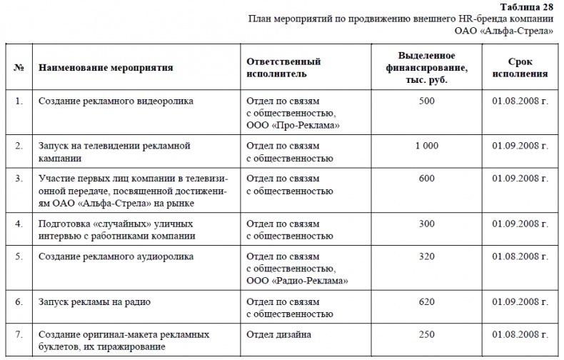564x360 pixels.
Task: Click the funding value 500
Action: (x=426, y=101)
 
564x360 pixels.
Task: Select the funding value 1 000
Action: (x=426, y=146)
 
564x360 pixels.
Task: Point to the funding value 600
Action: (x=426, y=179)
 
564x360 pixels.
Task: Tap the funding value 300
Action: (x=426, y=224)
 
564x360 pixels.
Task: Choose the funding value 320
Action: (x=426, y=256)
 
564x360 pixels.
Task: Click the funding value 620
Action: (x=426, y=302)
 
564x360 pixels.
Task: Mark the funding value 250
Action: (x=426, y=334)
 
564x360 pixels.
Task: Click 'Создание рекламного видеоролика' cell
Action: (x=116, y=101)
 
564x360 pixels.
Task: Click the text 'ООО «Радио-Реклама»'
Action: (x=297, y=281)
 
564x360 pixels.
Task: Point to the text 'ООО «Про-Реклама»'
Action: (x=292, y=125)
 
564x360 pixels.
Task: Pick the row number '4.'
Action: (x=19, y=224)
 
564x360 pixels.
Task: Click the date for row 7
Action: (x=519, y=334)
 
